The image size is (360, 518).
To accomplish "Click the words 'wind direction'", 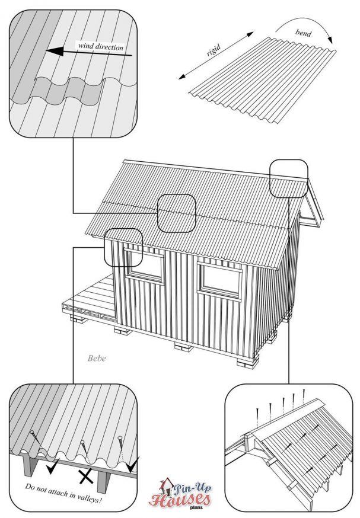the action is click(100, 46).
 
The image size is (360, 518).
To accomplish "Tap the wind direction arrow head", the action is click(55, 51).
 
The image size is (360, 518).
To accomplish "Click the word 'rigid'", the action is click(214, 50).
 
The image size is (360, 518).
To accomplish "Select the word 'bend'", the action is click(303, 33).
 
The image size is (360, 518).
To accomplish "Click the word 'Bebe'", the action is click(97, 358).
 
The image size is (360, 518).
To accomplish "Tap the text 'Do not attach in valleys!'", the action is click(63, 493).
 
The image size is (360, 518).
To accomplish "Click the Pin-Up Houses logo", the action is click(180, 493).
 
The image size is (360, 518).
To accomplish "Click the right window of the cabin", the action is click(220, 280).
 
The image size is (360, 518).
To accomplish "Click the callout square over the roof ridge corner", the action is click(289, 178).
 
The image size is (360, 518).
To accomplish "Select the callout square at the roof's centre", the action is click(177, 213).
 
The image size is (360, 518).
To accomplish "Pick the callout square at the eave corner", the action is click(123, 247).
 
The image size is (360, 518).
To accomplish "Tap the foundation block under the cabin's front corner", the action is click(248, 361).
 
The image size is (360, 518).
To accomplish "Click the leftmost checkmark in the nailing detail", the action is click(53, 466).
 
